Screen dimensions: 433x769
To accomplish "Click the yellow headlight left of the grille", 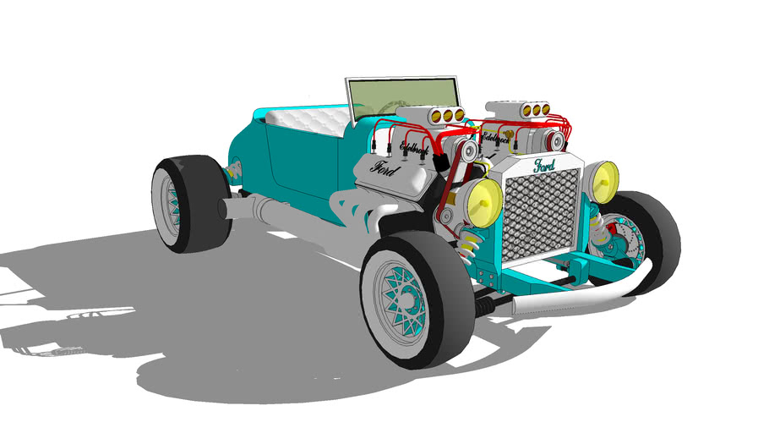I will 485,203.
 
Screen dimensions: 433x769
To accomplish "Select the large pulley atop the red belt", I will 463,151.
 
